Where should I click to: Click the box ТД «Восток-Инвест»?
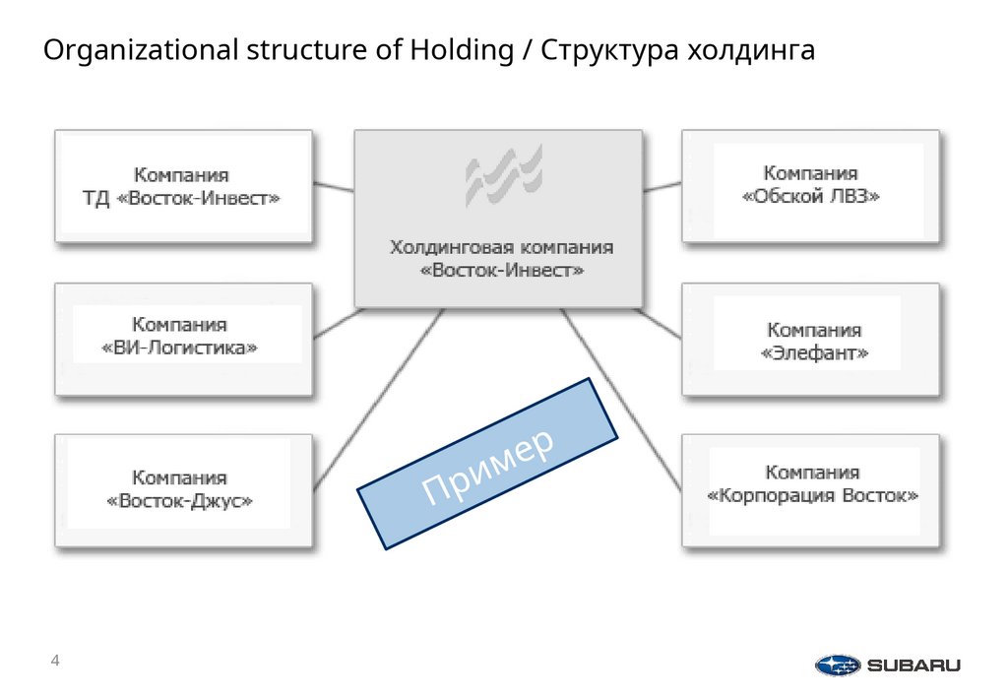183,187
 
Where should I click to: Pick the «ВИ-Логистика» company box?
183,339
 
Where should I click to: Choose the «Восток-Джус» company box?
183,490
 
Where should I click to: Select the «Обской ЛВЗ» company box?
810,186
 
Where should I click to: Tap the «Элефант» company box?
810,341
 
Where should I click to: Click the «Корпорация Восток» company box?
810,489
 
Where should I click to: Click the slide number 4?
55,660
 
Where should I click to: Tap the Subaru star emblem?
838,666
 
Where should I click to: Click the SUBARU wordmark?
913,666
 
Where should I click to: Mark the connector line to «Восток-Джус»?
379,394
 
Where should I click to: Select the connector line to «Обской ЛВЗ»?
662,185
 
